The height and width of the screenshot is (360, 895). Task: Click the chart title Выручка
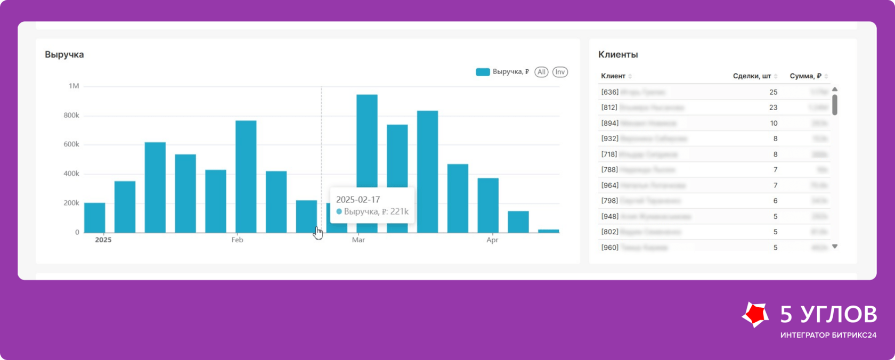tap(64, 54)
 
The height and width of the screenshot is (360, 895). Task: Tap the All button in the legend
tap(541, 72)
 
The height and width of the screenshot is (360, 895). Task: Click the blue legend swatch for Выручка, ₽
tap(483, 72)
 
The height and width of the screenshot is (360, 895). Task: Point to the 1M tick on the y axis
tap(74, 86)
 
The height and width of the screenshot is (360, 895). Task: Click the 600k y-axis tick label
tap(71, 144)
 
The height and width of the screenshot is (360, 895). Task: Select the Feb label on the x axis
tap(237, 240)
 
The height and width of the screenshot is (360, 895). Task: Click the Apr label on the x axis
tap(492, 240)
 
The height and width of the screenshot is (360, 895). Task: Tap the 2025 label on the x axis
tap(103, 240)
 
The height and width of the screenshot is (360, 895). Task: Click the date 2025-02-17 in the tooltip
tap(358, 200)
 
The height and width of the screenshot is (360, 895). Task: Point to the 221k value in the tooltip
tap(399, 211)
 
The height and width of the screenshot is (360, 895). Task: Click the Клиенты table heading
tap(618, 54)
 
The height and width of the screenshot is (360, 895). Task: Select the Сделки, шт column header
tap(752, 76)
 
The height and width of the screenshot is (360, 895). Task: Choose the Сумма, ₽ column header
tap(805, 76)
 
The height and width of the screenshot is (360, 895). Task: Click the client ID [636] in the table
tap(610, 92)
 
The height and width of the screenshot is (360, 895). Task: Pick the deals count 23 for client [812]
tap(773, 108)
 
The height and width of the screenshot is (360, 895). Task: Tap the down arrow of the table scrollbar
tap(835, 247)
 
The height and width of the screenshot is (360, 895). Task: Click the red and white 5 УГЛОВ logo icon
tap(755, 315)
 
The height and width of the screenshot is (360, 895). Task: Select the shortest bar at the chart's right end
tap(549, 231)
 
